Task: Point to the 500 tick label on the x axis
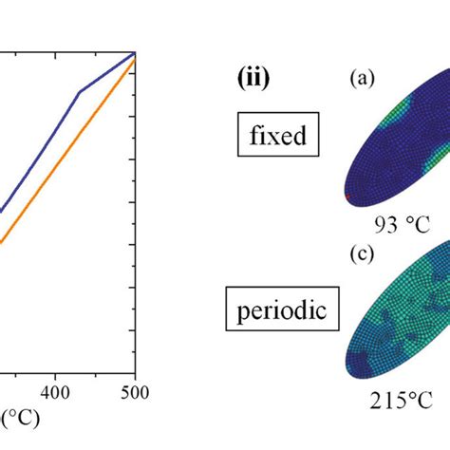click(136, 392)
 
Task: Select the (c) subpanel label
click(362, 253)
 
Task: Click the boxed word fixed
click(278, 136)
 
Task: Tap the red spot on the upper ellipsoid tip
click(347, 197)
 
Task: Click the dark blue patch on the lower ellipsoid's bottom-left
click(364, 360)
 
